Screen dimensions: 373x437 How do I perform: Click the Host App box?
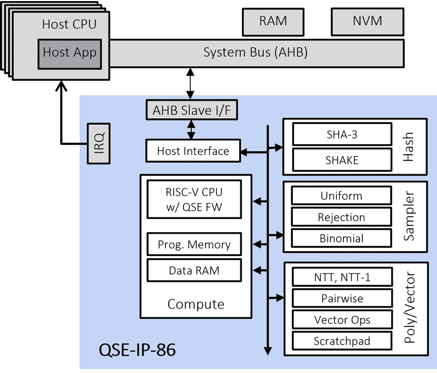(69, 54)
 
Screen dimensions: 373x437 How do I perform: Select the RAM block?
(273, 22)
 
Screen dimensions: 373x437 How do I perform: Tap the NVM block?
(367, 22)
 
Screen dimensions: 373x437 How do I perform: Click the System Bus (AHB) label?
(256, 53)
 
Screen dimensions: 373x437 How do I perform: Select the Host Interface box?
(193, 151)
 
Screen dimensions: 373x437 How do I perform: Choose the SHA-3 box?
(342, 134)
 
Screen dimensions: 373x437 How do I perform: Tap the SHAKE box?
(342, 159)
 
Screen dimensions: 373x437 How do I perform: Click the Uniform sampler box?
(342, 196)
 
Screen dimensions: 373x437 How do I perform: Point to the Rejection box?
(342, 217)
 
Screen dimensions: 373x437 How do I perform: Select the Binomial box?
(342, 238)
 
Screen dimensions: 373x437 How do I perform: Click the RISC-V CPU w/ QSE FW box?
(194, 200)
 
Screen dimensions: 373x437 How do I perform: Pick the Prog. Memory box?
(194, 244)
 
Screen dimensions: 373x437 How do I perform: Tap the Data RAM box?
(194, 270)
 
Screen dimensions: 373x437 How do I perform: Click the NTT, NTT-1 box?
(342, 277)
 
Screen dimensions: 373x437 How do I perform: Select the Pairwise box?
(342, 299)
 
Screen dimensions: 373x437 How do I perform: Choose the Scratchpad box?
(342, 341)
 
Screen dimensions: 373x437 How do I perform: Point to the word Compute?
(196, 304)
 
